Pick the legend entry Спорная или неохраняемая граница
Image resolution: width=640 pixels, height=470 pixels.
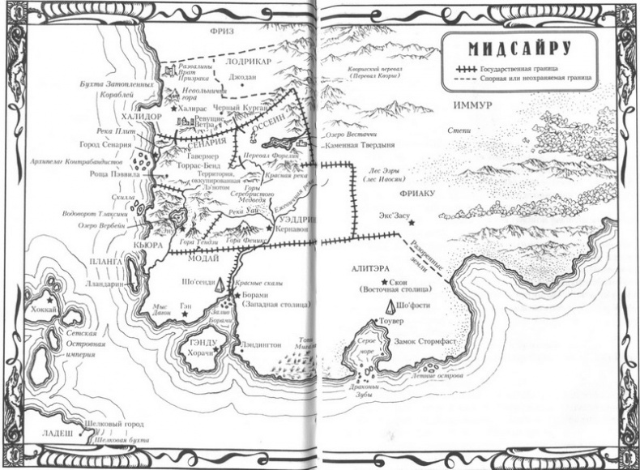point(535,81)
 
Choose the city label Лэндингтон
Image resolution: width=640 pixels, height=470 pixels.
point(260,344)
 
